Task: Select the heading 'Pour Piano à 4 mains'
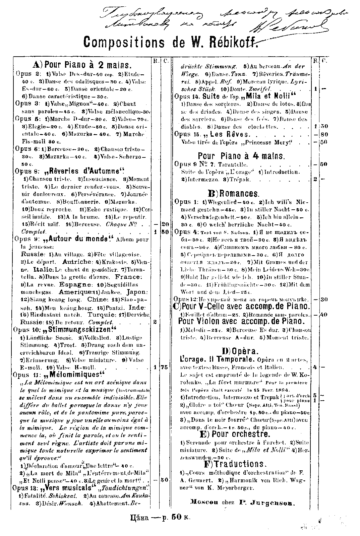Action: click(241, 156)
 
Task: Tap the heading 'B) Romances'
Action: click(234, 193)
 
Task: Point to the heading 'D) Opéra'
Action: click(240, 351)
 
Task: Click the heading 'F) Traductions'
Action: click(235, 464)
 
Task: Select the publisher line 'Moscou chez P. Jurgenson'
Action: click(241, 503)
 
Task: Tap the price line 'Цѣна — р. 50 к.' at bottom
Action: click(160, 526)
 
